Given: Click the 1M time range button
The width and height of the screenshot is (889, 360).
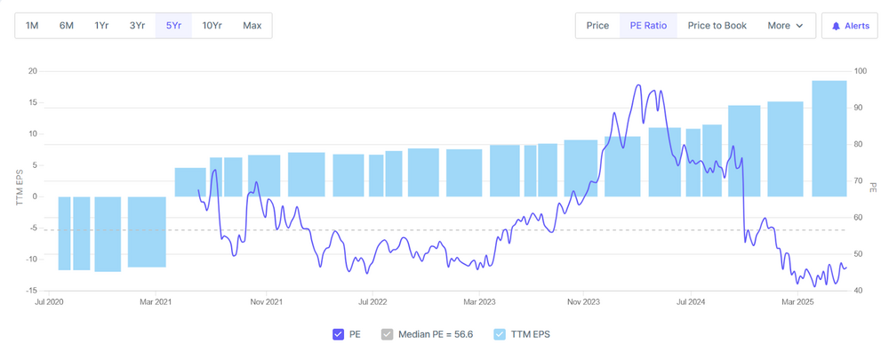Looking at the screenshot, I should (x=32, y=25).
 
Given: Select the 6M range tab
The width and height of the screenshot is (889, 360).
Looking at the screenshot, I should (x=67, y=25).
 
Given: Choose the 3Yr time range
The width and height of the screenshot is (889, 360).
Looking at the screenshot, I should (x=137, y=25).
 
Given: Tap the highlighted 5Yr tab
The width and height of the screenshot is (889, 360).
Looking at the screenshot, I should (x=173, y=25).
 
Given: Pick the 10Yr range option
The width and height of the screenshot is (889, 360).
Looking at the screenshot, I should (x=212, y=25).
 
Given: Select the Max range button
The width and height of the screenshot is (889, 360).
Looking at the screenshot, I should (x=252, y=25).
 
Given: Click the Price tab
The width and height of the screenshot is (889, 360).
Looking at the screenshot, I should (x=597, y=26).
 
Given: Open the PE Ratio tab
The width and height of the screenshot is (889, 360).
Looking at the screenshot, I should (x=648, y=26).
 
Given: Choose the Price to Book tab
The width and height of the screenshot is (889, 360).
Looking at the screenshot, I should (x=717, y=26).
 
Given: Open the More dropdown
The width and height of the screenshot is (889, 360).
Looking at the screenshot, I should (x=785, y=26).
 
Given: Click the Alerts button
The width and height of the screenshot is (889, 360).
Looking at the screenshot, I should (x=850, y=26).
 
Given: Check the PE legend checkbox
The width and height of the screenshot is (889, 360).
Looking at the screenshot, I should (x=338, y=334).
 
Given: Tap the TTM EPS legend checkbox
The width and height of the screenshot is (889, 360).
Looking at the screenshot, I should (x=500, y=334).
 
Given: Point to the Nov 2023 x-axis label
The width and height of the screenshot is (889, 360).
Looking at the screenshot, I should (x=582, y=302).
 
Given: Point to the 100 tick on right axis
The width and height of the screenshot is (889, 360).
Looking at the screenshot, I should (x=860, y=71).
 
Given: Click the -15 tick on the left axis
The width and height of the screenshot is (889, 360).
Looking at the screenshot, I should (x=31, y=291).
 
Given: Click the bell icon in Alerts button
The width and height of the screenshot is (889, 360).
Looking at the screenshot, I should (x=836, y=27).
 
